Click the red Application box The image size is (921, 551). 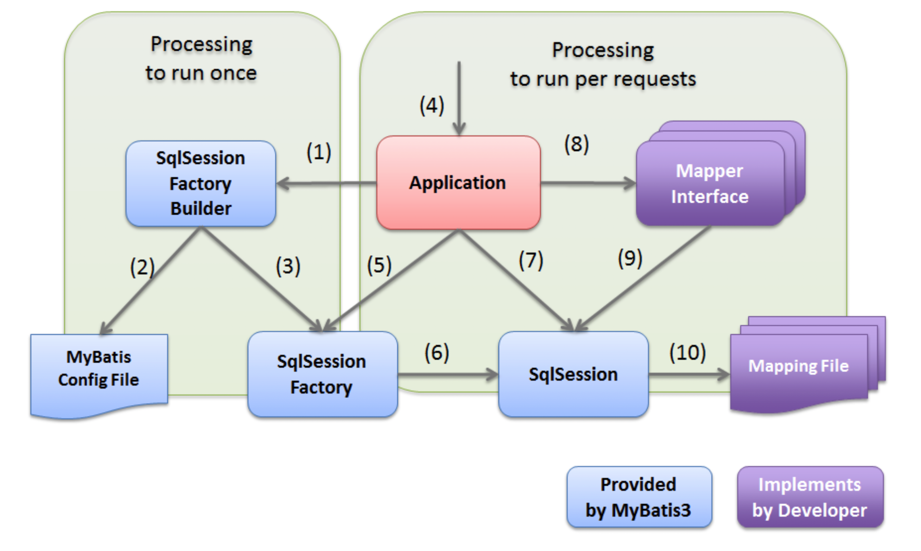click(459, 183)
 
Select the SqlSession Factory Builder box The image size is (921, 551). click(201, 183)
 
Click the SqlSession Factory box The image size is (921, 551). click(322, 374)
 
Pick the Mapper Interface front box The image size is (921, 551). click(710, 183)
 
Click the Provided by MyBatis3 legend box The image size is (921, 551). click(639, 497)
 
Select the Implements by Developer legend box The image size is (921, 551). click(810, 497)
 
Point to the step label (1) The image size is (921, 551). click(319, 152)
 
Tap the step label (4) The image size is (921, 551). click(432, 106)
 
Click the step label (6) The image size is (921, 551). click(437, 353)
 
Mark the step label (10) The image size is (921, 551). click(688, 353)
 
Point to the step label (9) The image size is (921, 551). click(630, 258)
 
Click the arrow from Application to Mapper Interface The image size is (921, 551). click(589, 183)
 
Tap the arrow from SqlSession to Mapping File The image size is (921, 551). click(689, 374)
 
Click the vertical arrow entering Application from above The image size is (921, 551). click(459, 98)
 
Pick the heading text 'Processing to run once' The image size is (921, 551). click(201, 59)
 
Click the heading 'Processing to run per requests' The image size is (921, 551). click(603, 64)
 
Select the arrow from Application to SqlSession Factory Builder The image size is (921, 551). click(326, 183)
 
